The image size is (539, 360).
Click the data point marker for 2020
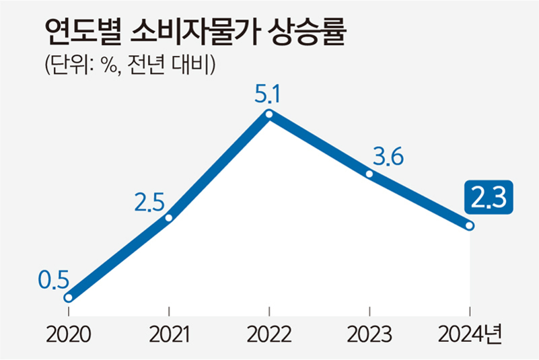point(68,297)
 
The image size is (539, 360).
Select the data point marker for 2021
point(169,217)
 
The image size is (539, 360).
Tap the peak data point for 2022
point(269,114)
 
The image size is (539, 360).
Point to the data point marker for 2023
point(369,174)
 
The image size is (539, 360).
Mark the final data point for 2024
point(470,226)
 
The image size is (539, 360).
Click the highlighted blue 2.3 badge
point(489,196)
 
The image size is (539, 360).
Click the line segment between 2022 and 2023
point(320,144)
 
